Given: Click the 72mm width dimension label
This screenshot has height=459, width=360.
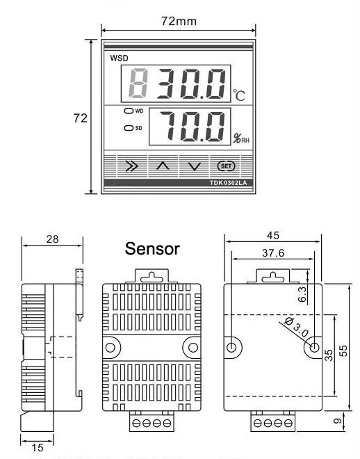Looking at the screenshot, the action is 179,21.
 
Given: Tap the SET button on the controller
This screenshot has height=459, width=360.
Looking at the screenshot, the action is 226,166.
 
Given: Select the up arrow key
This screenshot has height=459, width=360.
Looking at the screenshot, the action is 163,166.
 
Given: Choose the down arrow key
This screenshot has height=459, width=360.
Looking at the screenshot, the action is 195,167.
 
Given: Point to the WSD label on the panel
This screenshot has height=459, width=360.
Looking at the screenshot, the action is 119,58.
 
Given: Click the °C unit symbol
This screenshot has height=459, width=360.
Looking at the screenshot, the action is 239,95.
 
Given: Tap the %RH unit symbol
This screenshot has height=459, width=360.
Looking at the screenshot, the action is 241,138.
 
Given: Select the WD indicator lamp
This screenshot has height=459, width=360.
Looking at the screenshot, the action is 129,111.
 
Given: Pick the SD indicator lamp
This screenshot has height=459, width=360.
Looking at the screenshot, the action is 129,128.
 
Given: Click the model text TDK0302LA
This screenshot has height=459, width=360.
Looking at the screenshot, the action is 228,183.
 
